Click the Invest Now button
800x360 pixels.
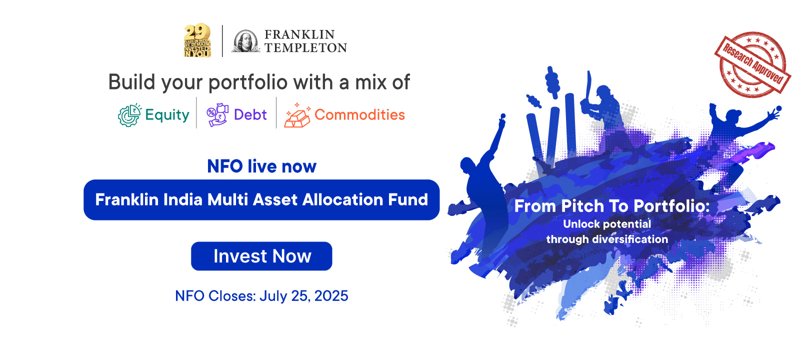click(x=261, y=256)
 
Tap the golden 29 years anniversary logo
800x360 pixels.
click(x=197, y=40)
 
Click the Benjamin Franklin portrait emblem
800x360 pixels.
click(x=245, y=41)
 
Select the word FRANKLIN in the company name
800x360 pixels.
click(x=299, y=34)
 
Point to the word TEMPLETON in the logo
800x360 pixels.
click(x=305, y=47)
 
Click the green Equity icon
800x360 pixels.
click(x=129, y=115)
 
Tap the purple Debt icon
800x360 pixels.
click(x=217, y=115)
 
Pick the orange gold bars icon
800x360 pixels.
click(x=297, y=115)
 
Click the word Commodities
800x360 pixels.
click(x=359, y=114)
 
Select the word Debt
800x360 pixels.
click(x=250, y=114)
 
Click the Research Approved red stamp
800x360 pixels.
click(x=753, y=64)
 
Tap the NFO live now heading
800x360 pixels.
click(x=262, y=166)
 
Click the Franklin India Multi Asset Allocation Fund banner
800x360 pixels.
click(x=261, y=199)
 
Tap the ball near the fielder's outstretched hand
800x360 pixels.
click(x=779, y=108)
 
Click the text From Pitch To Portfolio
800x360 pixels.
click(x=612, y=206)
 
